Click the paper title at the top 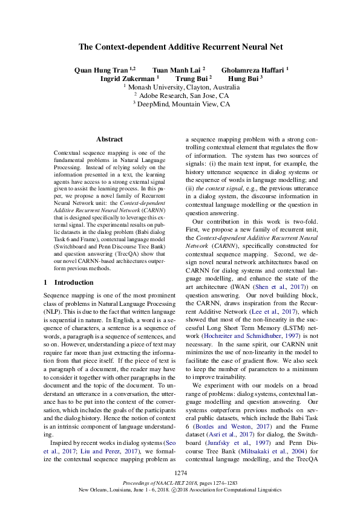click(x=180, y=47)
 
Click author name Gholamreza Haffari click(x=253, y=70)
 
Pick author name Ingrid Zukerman click(x=128, y=78)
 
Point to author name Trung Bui click(x=192, y=78)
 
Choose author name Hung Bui click(x=243, y=78)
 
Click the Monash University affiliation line click(x=181, y=87)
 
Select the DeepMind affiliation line click(x=181, y=104)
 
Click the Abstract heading click(x=109, y=139)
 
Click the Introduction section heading click(x=67, y=282)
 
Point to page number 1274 click(x=180, y=472)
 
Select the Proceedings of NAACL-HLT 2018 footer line click(x=180, y=484)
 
